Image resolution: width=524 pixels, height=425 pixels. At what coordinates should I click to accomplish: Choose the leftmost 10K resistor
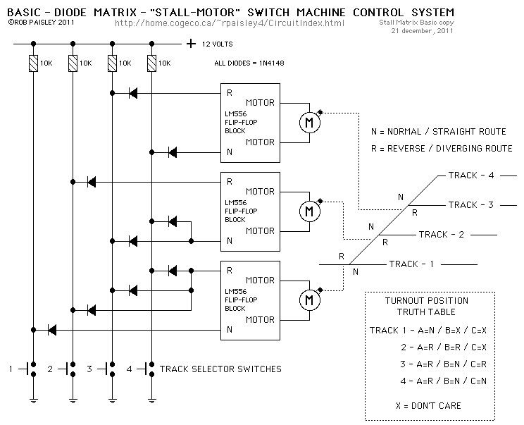33,64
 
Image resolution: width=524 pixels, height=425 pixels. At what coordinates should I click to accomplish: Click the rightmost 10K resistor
151,64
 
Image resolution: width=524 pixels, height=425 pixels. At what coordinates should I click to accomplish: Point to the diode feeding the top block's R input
132,93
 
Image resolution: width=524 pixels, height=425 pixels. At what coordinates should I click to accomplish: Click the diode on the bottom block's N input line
52,329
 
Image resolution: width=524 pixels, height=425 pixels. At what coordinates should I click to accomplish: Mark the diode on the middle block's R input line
92,182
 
